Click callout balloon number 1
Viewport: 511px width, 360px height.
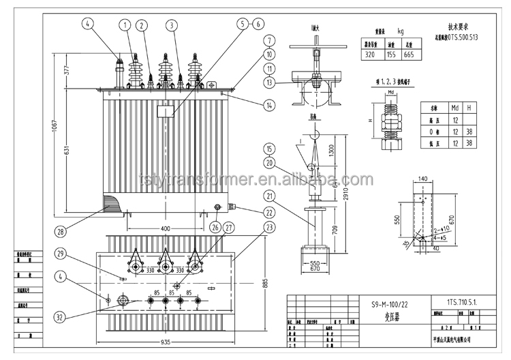(x=125, y=25)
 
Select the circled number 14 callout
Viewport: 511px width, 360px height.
(x=270, y=105)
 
